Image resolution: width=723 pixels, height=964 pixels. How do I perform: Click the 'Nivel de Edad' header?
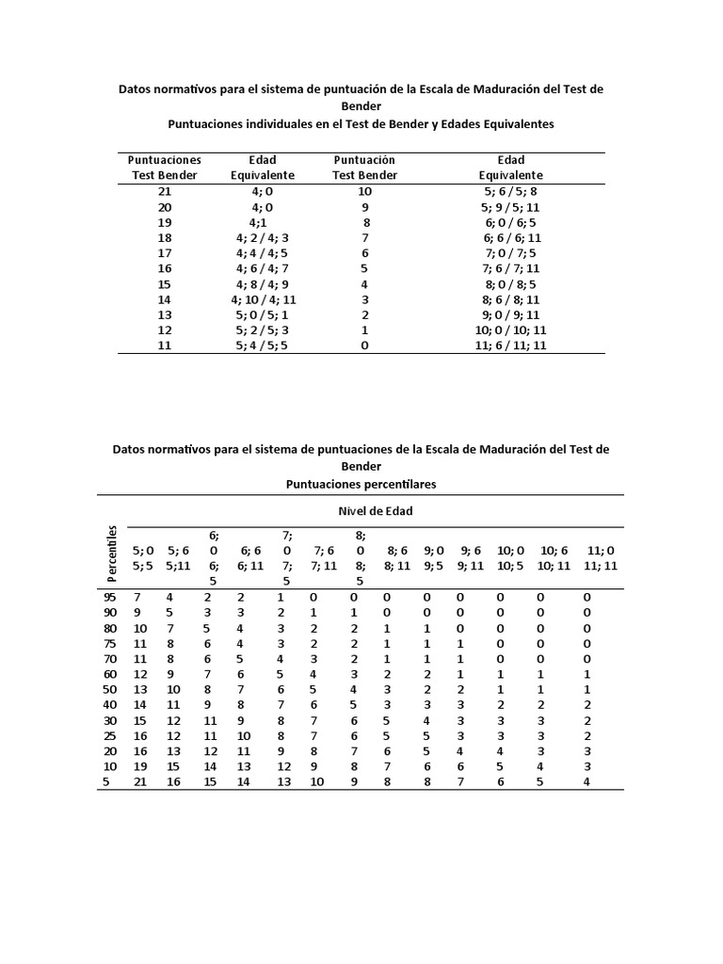[x=376, y=511]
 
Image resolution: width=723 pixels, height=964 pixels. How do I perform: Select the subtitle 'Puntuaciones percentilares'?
[x=361, y=483]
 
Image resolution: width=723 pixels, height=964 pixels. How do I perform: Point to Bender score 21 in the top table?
[x=165, y=191]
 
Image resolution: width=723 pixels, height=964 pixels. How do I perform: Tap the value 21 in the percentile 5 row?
[x=139, y=781]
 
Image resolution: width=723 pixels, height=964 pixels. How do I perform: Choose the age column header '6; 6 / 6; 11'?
[x=250, y=558]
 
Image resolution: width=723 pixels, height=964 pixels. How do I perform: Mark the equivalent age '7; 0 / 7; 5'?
[x=511, y=253]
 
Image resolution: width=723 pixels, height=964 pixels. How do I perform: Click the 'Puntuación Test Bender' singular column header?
[x=364, y=168]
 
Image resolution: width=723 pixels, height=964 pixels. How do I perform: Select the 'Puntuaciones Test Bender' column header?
[x=165, y=168]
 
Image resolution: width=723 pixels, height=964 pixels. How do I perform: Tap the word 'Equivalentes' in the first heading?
[x=511, y=123]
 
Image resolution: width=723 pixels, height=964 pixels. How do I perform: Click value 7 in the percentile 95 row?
[x=137, y=597]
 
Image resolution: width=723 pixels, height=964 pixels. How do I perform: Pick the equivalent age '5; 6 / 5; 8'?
[x=511, y=191]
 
